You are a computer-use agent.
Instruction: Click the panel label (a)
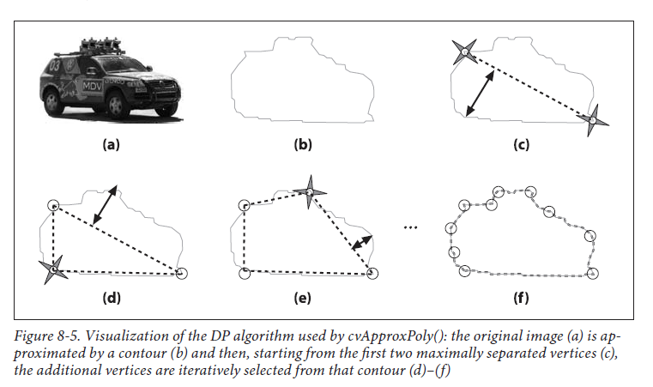pyautogui.click(x=112, y=144)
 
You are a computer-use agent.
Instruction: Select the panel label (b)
pyautogui.click(x=303, y=144)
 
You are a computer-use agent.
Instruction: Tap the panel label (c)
pyautogui.click(x=522, y=144)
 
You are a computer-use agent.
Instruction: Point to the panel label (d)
pyautogui.click(x=112, y=298)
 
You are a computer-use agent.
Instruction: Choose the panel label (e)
pyautogui.click(x=302, y=298)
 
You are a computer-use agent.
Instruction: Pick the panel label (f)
pyautogui.click(x=521, y=298)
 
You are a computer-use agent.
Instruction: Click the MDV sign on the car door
pyautogui.click(x=93, y=86)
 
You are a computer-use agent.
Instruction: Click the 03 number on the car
pyautogui.click(x=55, y=65)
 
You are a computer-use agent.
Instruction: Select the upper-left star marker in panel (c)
pyautogui.click(x=465, y=51)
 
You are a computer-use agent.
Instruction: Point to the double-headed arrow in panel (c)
pyautogui.click(x=480, y=94)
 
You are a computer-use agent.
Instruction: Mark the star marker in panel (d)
pyautogui.click(x=53, y=269)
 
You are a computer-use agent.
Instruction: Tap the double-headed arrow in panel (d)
pyautogui.click(x=105, y=204)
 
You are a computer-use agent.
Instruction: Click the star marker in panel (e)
pyautogui.click(x=310, y=192)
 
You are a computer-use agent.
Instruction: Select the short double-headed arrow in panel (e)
pyautogui.click(x=362, y=243)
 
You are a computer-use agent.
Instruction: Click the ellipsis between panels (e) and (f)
pyautogui.click(x=411, y=227)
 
